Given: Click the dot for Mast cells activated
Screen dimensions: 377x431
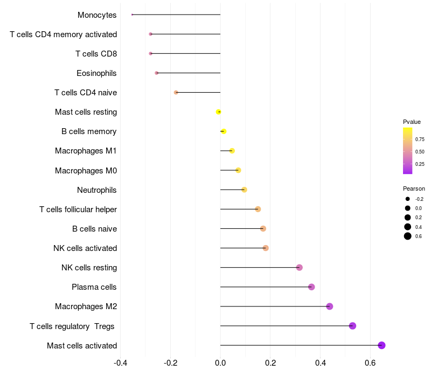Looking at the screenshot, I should tap(381, 345).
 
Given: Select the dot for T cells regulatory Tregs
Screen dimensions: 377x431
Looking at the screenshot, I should tap(352, 326).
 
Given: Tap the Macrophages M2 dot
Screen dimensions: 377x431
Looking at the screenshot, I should tap(330, 306).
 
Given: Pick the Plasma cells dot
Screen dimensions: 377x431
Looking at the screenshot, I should tap(311, 287).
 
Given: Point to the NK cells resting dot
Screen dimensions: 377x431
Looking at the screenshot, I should tap(300, 268).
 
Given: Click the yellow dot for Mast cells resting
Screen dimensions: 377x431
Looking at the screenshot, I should tap(218, 112).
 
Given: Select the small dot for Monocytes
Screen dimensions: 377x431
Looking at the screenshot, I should tap(132, 15).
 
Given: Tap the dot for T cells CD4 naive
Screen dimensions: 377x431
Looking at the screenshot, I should tap(176, 93).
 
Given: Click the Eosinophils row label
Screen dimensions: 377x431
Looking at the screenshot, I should tap(96, 73).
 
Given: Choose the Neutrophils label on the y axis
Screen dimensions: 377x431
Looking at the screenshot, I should tap(97, 190).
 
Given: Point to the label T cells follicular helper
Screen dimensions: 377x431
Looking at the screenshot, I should tap(78, 210).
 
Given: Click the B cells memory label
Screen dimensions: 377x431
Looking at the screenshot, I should tap(89, 131).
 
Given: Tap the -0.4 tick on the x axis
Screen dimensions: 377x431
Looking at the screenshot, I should tap(121, 363).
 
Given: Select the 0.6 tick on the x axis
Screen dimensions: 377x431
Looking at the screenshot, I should tap(370, 363).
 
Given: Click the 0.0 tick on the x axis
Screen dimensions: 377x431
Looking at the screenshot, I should tap(220, 363).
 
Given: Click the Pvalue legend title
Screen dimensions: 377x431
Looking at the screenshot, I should tap(412, 122).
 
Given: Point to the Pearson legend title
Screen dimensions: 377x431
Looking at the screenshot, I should tap(414, 188).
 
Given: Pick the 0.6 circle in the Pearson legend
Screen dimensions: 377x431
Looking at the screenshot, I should tap(408, 236).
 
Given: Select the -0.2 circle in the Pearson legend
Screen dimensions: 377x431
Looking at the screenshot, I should tap(408, 199).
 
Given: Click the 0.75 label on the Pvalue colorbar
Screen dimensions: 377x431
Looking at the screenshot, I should tap(420, 139).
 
